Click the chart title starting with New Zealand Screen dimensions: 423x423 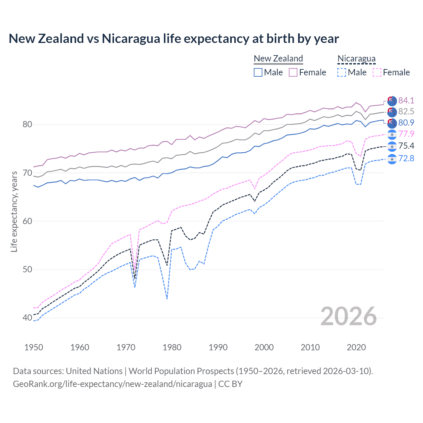[x=173, y=39]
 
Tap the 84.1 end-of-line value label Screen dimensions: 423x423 [x=406, y=100]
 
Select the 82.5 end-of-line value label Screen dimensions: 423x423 [x=406, y=112]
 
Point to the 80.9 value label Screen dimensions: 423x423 [x=406, y=123]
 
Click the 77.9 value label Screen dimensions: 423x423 [x=406, y=134]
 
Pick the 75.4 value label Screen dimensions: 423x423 [x=406, y=146]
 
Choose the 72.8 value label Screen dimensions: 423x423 [x=406, y=159]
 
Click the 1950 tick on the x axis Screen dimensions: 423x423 [x=34, y=347]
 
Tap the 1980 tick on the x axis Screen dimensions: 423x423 [x=172, y=347]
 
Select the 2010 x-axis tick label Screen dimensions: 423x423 [x=310, y=347]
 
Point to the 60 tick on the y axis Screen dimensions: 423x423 [x=27, y=221]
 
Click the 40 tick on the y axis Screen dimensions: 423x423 [x=27, y=318]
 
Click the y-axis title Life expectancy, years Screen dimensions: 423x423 [x=14, y=211]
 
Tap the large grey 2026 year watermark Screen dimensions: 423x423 [x=349, y=316]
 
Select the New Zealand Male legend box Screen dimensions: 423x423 [x=258, y=72]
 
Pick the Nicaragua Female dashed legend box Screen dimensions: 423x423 [x=377, y=72]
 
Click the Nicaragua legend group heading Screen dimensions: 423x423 [x=356, y=58]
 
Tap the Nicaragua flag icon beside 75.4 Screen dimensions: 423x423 [x=392, y=146]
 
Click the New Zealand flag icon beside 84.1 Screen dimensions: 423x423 [x=392, y=100]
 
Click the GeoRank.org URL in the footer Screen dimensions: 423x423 [x=112, y=384]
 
